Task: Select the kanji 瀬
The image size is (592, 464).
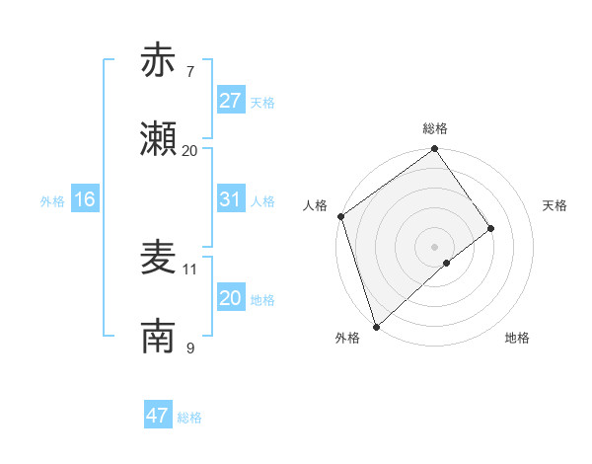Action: point(159,139)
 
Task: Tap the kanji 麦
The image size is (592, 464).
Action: point(159,258)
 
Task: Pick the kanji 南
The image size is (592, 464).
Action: point(159,337)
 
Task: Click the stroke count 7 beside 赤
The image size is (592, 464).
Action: point(190,71)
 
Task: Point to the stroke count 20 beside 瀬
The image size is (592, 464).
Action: point(190,150)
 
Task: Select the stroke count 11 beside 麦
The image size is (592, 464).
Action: point(190,269)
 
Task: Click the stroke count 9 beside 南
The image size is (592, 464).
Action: point(190,348)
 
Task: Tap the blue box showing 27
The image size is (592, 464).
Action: point(231,101)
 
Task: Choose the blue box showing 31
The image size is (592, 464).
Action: point(231,199)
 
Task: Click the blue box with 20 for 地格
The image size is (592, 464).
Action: point(231,298)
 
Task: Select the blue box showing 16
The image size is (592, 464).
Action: point(85,199)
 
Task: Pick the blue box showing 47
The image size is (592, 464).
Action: point(158,416)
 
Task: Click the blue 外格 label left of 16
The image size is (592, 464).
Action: point(52,201)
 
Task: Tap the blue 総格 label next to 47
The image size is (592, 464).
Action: point(189,418)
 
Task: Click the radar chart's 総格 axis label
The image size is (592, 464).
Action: point(435,128)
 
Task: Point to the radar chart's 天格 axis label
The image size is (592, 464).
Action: point(555,205)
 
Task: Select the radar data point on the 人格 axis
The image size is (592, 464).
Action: point(340,216)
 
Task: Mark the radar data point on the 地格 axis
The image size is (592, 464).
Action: point(447,263)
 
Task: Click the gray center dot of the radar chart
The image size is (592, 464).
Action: point(435,246)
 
